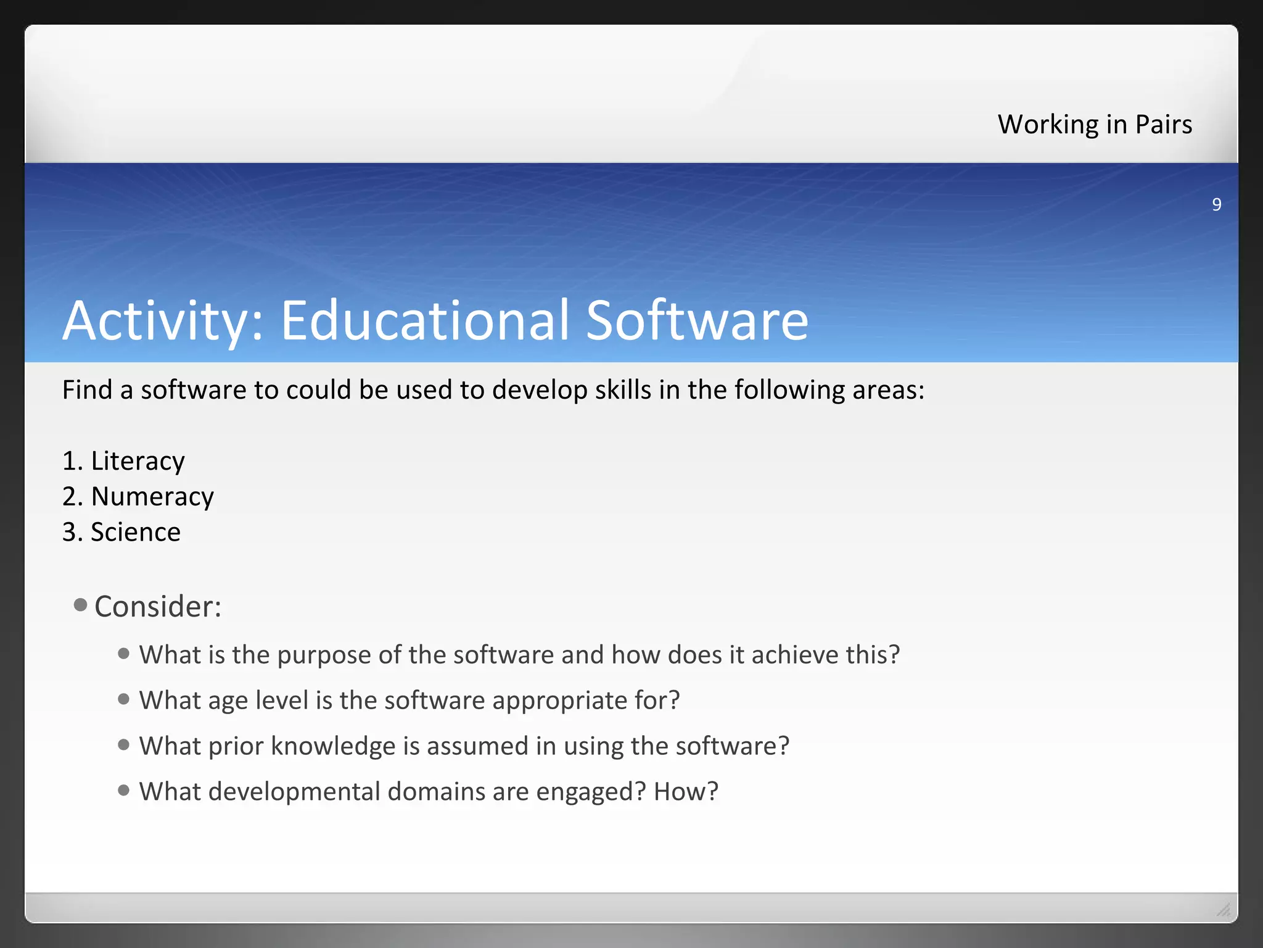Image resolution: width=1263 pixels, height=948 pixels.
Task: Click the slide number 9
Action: click(x=1216, y=204)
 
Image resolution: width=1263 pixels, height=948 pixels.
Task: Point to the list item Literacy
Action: click(x=138, y=462)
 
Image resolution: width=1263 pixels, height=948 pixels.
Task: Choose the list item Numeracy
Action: click(x=152, y=497)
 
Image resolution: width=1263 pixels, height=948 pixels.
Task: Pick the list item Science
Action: click(x=136, y=532)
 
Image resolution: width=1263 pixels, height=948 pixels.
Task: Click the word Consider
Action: click(x=157, y=607)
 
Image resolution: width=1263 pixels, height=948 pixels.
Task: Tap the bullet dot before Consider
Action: click(x=80, y=604)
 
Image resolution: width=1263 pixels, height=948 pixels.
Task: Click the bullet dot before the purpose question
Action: click(x=124, y=653)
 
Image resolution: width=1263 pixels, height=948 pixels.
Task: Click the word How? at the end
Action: click(x=686, y=792)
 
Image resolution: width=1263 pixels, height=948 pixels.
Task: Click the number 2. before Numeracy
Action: click(x=72, y=497)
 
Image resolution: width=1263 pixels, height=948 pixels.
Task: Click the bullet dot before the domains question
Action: click(x=124, y=790)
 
